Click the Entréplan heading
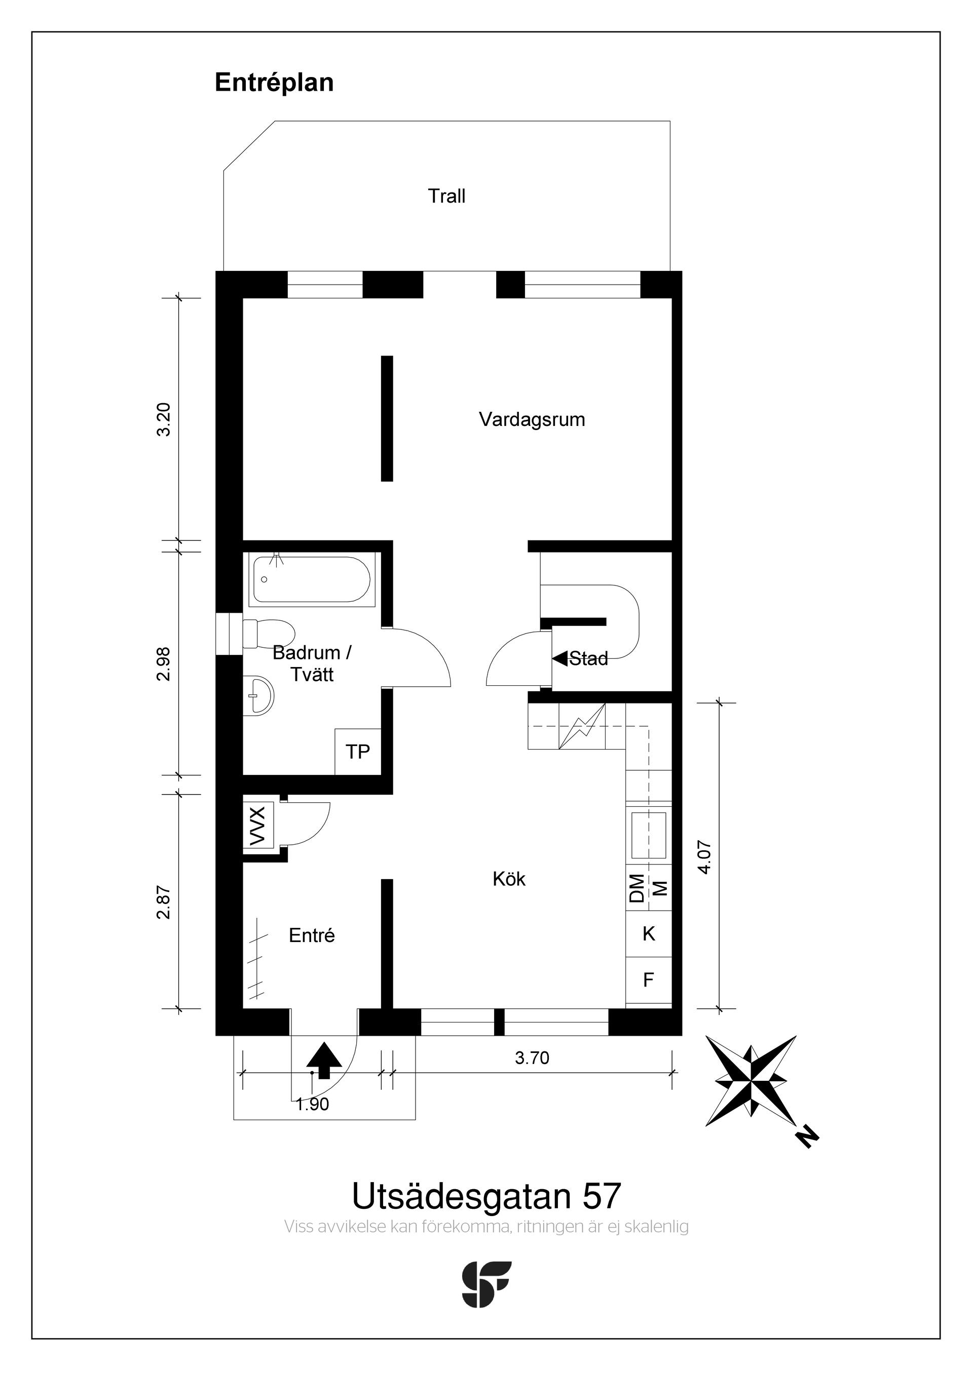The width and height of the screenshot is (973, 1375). (274, 83)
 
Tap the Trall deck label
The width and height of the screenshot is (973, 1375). (446, 196)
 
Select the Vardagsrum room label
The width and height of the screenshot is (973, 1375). (532, 420)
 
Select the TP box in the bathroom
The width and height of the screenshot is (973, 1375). (358, 752)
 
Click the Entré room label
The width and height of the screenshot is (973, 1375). (312, 935)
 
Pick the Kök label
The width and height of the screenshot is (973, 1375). (509, 879)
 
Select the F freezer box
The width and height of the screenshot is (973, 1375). (648, 980)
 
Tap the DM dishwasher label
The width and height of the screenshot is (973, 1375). (637, 888)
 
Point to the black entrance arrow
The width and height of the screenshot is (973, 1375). (324, 1060)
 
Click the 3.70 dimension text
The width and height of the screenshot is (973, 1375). (532, 1058)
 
